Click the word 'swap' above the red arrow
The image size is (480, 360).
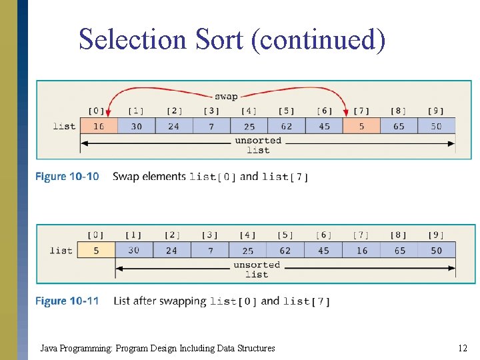pyautogui.click(x=226, y=96)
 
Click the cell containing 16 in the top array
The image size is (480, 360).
pyautogui.click(x=99, y=126)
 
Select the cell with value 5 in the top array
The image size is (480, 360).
pyautogui.click(x=361, y=126)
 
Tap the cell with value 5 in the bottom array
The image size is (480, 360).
pyautogui.click(x=96, y=251)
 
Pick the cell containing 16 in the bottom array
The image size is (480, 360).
pyautogui.click(x=361, y=251)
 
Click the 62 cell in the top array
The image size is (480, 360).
pyautogui.click(x=286, y=126)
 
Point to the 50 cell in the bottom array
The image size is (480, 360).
pyautogui.click(x=436, y=251)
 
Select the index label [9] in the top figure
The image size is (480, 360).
pyautogui.click(x=436, y=111)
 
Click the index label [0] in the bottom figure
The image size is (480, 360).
pyautogui.click(x=96, y=235)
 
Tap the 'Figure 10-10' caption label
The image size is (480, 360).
pyautogui.click(x=67, y=177)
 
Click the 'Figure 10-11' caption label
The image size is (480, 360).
pyautogui.click(x=67, y=301)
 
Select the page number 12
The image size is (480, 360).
pyautogui.click(x=463, y=348)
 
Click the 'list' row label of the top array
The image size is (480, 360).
pyautogui.click(x=64, y=126)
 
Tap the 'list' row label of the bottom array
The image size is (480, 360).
pyautogui.click(x=61, y=251)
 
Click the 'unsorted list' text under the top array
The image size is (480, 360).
pyautogui.click(x=258, y=145)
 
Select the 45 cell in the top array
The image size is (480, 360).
pyautogui.click(x=324, y=126)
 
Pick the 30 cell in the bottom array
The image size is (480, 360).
pyautogui.click(x=134, y=251)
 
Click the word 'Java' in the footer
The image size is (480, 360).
pyautogui.click(x=48, y=348)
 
